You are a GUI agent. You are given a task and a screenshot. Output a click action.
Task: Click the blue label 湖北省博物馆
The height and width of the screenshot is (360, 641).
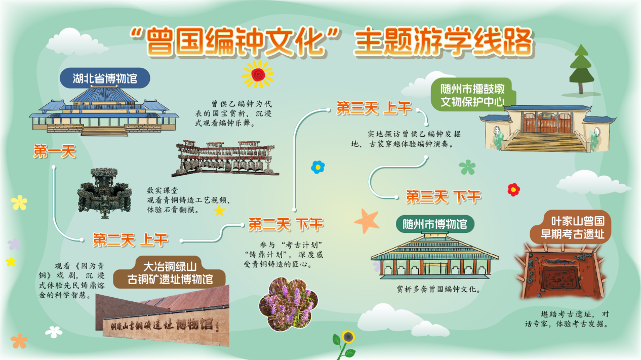tap(105, 78)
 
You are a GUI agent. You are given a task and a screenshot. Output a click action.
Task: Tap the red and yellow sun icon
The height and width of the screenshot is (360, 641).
tap(258, 74)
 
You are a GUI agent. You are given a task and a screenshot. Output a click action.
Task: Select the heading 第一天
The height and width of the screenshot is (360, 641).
tap(55, 151)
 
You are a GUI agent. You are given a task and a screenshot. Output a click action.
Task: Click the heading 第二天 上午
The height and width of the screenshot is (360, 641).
tap(130, 240)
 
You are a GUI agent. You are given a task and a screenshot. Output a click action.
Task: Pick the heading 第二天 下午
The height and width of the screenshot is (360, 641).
tap(286, 224)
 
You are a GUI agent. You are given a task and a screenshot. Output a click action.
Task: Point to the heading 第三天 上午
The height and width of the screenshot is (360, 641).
tap(374, 108)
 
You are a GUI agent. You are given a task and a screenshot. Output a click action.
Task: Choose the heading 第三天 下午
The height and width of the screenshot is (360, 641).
tap(444, 197)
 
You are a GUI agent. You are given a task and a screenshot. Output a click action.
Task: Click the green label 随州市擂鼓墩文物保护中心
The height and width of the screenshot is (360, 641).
tap(473, 95)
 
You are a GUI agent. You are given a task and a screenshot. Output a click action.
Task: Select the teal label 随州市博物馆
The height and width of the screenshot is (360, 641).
tap(435, 224)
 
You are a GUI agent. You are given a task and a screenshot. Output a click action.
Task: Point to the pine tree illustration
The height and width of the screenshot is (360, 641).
tap(581, 69)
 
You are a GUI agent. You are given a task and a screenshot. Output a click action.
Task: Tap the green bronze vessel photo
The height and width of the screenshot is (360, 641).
tap(105, 193)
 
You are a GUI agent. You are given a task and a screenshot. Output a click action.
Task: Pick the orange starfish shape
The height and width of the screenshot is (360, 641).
tap(367, 221)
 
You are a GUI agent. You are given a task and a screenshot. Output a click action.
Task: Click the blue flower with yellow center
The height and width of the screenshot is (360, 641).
tap(317, 167)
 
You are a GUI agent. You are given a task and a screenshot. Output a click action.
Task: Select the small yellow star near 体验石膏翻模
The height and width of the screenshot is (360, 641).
tap(219, 210)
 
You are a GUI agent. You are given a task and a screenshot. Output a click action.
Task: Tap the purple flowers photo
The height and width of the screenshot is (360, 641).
tap(289, 304)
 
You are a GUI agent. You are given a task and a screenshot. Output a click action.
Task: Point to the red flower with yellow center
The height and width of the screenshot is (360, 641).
tap(513, 190)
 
